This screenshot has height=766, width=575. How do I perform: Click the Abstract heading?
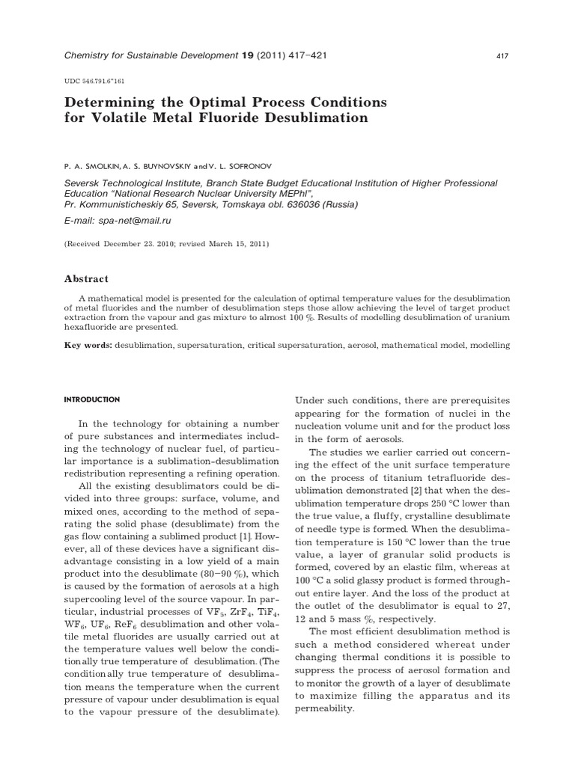click(86, 278)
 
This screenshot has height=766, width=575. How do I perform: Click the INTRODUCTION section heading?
click(92, 399)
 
